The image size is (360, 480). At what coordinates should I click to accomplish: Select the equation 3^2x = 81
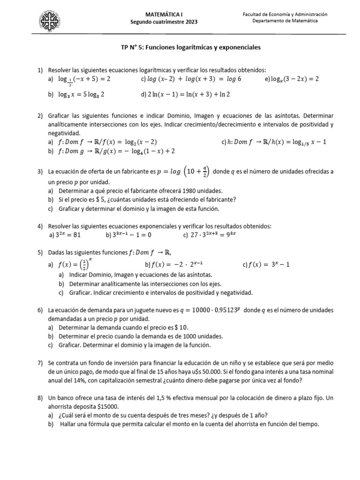point(69,235)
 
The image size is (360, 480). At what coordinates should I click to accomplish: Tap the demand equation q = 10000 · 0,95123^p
point(210,310)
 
